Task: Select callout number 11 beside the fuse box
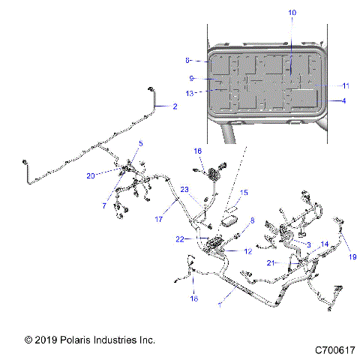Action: pos(346,85)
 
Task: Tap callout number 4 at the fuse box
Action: pos(343,100)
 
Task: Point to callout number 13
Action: pos(190,93)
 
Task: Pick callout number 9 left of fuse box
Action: pos(192,78)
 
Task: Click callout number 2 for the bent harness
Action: pos(175,107)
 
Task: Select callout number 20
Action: pos(112,176)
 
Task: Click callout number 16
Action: pos(198,151)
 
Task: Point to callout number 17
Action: pos(159,220)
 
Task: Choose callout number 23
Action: pos(184,211)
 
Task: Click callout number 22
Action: pos(179,239)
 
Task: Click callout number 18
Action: pos(193,298)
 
